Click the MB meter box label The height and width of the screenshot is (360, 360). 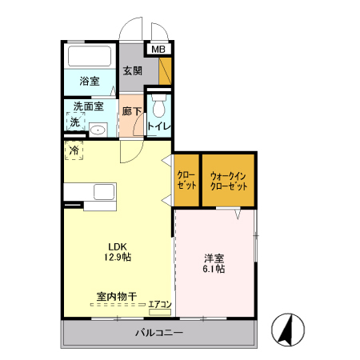point(158,50)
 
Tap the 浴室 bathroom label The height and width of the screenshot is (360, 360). point(89,82)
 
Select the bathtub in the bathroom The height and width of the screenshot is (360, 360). point(90,57)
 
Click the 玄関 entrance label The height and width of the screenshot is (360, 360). point(132,70)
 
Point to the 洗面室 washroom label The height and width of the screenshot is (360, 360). point(88,106)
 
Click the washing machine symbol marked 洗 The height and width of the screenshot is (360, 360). point(74,122)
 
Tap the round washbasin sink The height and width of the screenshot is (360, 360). point(98,129)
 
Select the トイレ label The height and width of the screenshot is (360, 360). point(158,126)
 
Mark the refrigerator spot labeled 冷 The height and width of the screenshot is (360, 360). point(74,150)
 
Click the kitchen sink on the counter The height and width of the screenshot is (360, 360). point(104,193)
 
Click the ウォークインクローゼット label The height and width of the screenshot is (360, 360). point(229,180)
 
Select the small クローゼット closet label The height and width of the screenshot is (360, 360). point(186,180)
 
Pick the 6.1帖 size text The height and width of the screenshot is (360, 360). point(214,270)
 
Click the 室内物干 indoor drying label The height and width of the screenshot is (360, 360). point(117,297)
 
